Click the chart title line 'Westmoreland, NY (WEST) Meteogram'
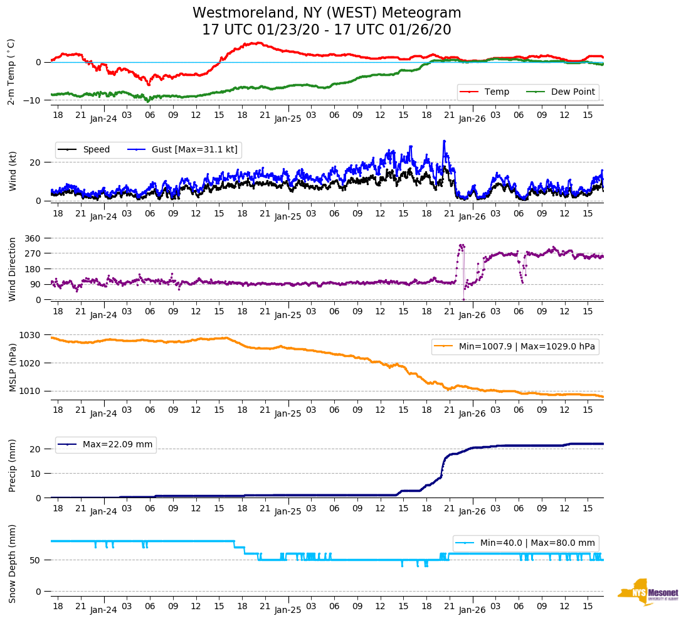327,13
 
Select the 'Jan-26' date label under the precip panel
472,511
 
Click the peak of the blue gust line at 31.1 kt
444,141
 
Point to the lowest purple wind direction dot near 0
463,299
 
